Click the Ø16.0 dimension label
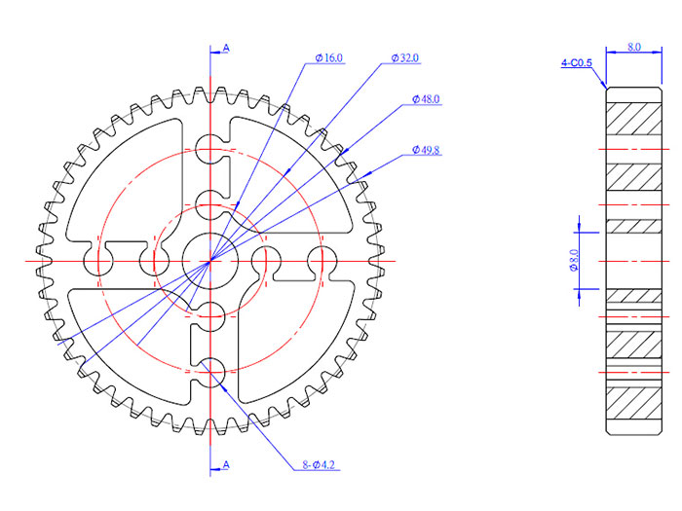click(328, 58)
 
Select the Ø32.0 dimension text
click(404, 58)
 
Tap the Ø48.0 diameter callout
click(426, 99)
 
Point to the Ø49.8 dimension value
click(426, 150)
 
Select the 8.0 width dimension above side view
click(633, 46)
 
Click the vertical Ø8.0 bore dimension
click(574, 261)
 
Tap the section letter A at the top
click(226, 46)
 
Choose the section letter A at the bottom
click(226, 465)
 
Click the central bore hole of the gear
click(210, 261)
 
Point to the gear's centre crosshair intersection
click(210, 261)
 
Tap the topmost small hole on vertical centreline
click(210, 150)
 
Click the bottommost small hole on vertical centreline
click(210, 371)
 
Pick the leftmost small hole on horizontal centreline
click(99, 261)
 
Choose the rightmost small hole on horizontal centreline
click(322, 261)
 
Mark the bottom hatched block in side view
click(633, 400)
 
